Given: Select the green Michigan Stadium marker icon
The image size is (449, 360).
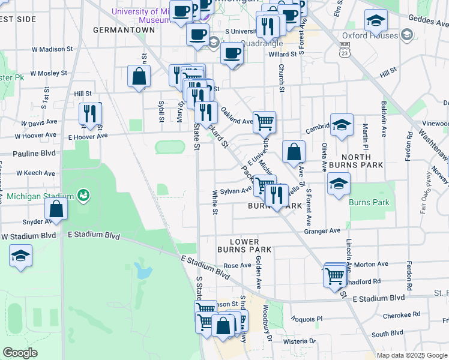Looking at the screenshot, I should [83, 196].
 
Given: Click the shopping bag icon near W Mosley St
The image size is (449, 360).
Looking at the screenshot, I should [139, 77].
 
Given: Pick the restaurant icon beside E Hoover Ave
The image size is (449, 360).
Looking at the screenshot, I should [90, 114].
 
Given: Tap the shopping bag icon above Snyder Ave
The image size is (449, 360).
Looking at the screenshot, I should [56, 209].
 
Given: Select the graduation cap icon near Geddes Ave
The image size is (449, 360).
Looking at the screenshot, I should [376, 21].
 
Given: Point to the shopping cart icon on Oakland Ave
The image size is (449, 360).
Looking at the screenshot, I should [264, 122].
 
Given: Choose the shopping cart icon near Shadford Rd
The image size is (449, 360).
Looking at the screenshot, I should [335, 277].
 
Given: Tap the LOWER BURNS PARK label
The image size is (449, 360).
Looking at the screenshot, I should [250, 245].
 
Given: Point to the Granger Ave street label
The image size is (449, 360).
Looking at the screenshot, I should [322, 230].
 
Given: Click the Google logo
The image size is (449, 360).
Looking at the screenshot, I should [20, 352].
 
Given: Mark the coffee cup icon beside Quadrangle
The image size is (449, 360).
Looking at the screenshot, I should [232, 53].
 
